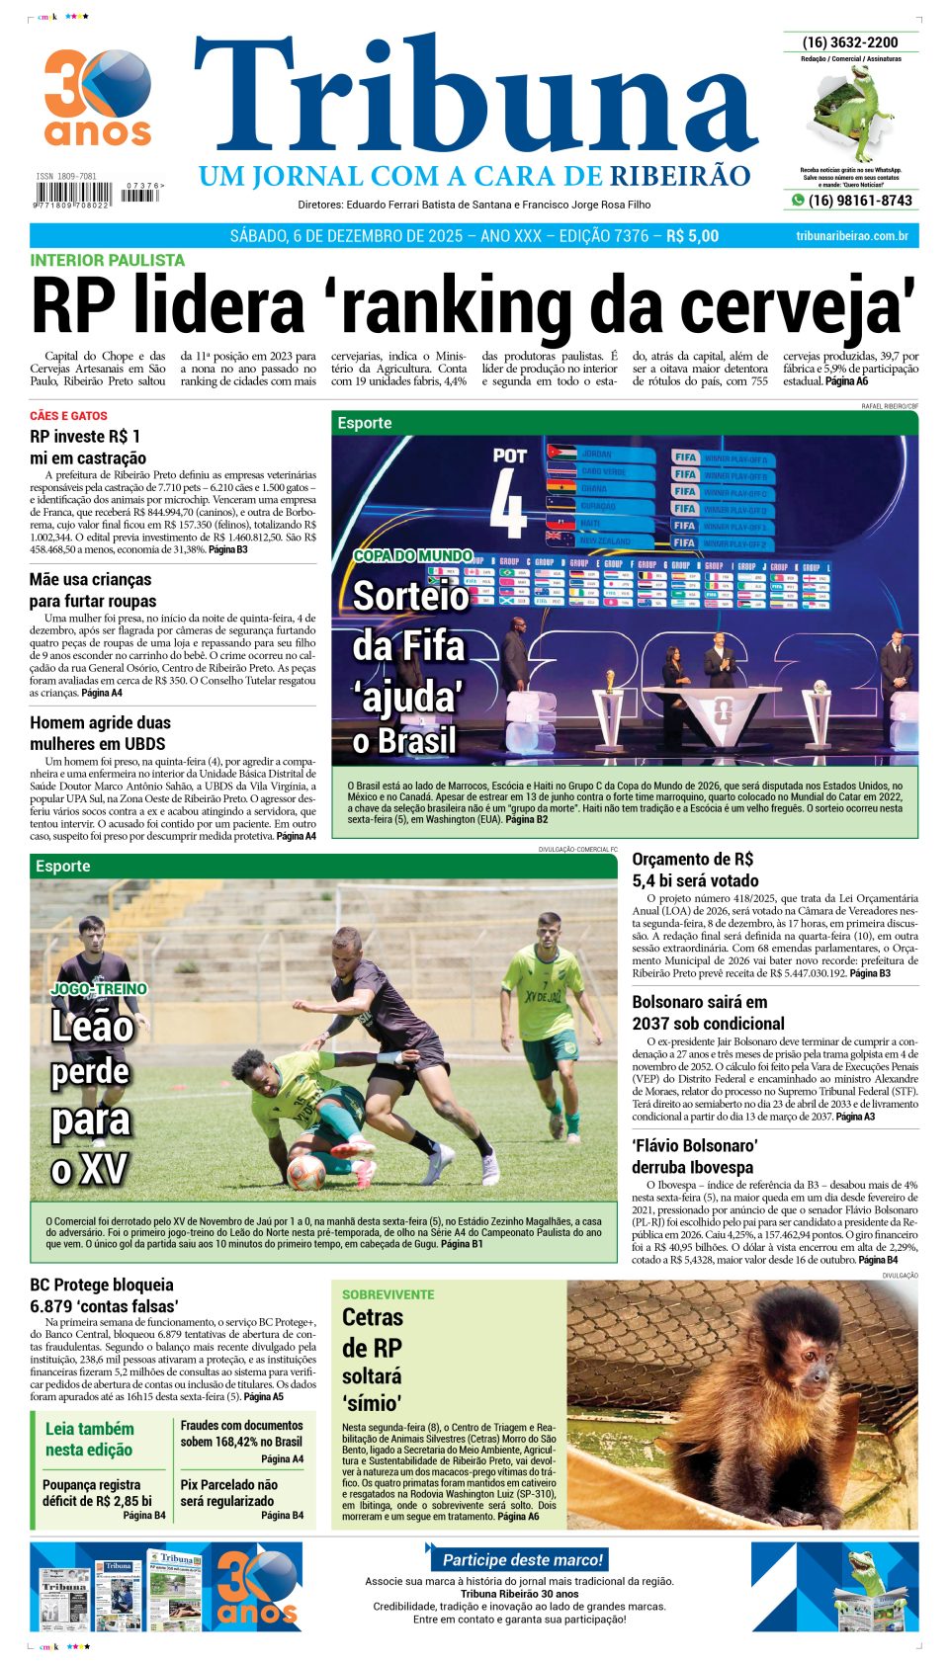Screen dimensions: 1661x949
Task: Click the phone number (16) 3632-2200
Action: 850,42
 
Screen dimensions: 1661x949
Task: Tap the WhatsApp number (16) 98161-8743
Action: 859,201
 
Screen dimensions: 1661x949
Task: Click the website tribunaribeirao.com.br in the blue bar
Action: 851,236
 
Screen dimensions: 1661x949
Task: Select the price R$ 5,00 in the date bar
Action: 692,236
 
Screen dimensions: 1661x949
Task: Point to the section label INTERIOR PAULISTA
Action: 107,260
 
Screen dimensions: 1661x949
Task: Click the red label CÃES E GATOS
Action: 68,416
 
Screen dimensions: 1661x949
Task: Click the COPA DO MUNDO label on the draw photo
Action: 413,555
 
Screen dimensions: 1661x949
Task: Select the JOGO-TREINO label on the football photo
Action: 98,988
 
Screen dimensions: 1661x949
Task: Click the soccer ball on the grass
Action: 305,1172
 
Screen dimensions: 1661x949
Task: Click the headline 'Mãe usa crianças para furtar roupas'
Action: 93,590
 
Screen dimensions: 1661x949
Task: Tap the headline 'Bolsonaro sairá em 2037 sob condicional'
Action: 708,1013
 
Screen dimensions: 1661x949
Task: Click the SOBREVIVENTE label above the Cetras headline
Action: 388,1294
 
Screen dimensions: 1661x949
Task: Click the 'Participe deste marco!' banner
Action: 521,1559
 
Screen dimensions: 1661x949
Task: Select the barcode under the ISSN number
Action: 74,195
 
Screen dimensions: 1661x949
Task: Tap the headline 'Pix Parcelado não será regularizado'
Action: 228,1492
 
